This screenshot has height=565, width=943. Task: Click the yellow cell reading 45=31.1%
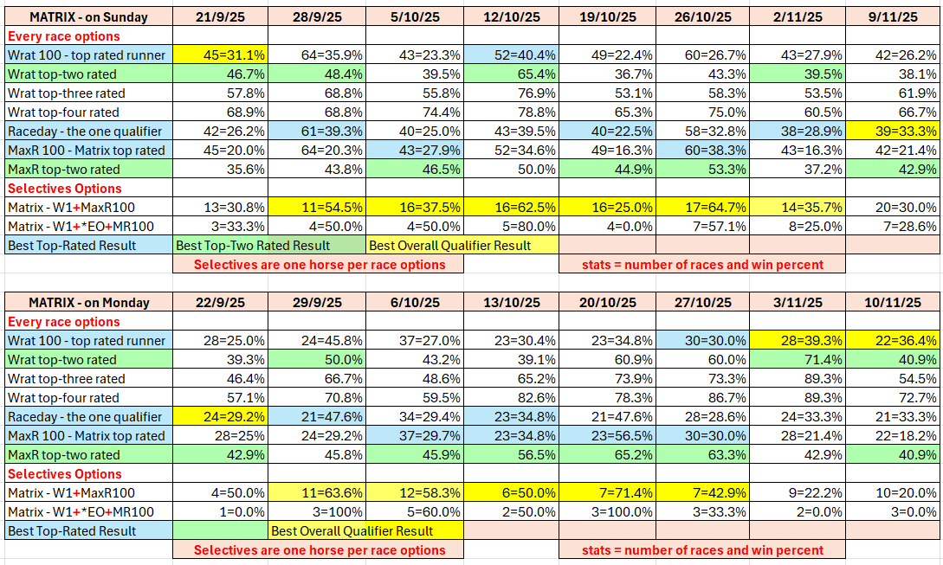coord(220,55)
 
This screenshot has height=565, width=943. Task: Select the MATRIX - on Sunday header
coord(88,17)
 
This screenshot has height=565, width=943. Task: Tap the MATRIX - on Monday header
coord(88,303)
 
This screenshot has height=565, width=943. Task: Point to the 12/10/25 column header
coord(512,17)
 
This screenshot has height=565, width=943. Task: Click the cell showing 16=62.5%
coord(512,208)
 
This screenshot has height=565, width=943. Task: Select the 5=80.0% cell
coord(512,227)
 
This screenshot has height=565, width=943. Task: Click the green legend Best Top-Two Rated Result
coord(269,246)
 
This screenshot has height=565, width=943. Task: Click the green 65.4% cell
coord(512,74)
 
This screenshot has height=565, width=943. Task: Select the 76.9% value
coord(512,93)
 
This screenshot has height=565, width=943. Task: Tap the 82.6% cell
coord(512,398)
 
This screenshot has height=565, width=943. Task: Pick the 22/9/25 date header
coord(220,303)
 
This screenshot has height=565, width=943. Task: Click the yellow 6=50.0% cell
coord(512,493)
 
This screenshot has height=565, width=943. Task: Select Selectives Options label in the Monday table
coord(64,474)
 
